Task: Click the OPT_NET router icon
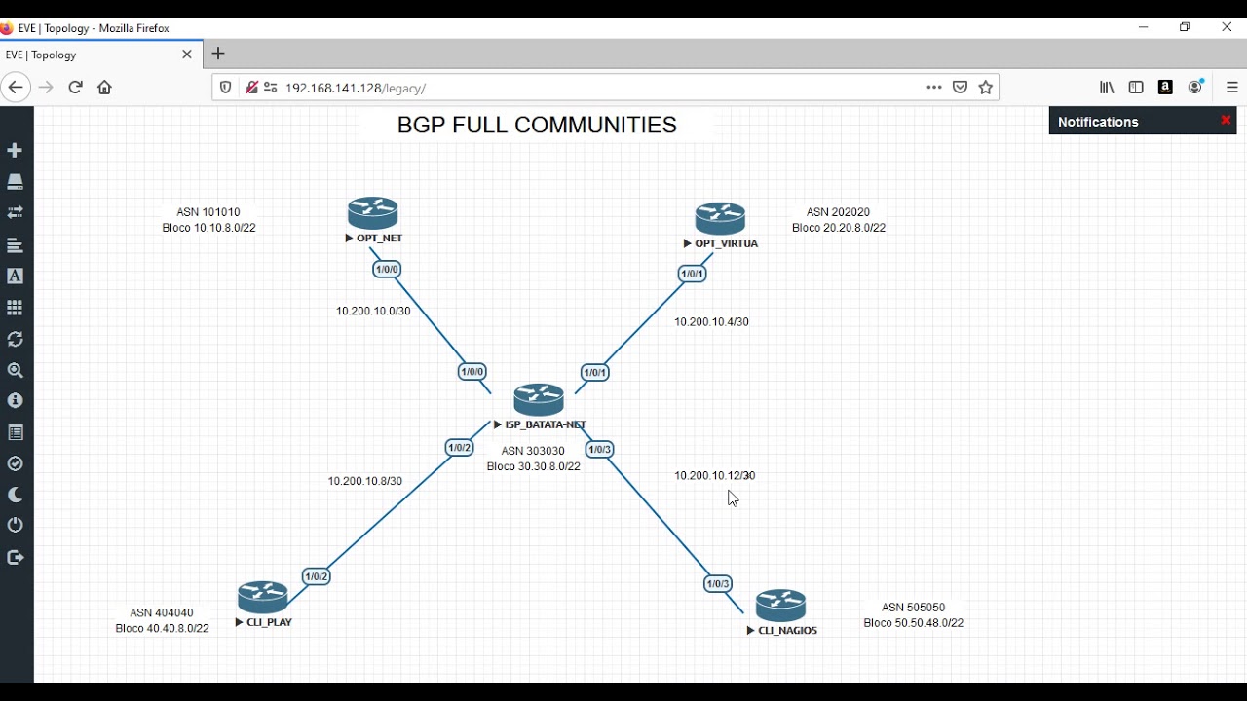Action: coord(373,213)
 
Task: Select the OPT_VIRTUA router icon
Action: coord(720,219)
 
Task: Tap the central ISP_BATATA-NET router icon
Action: coord(539,400)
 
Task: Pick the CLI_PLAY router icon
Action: coord(263,597)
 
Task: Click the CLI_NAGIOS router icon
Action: coord(781,606)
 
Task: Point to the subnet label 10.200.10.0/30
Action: coord(373,312)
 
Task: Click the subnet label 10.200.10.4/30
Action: coord(711,322)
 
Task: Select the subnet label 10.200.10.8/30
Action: coord(364,482)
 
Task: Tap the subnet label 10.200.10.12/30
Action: coord(714,476)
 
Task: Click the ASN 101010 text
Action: coord(208,212)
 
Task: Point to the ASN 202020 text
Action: coord(838,212)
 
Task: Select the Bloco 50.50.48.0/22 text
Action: coord(913,623)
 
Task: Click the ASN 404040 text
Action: coord(162,613)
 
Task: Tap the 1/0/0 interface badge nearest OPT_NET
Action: coord(387,270)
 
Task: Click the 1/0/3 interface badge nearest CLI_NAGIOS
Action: coord(718,584)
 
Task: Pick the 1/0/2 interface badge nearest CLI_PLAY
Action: coord(317,576)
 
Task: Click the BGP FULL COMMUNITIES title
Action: coord(537,126)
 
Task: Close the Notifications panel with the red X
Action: coord(1226,121)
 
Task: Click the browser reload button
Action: coord(75,88)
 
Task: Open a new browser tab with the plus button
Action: coord(218,55)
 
